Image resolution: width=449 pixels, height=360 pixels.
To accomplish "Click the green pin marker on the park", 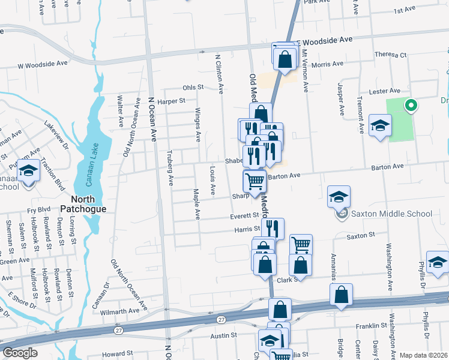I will tap(411, 106).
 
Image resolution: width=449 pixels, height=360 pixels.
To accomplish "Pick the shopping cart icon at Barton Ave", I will tap(255, 181).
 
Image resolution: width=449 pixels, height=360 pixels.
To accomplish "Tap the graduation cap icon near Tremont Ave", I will tap(380, 125).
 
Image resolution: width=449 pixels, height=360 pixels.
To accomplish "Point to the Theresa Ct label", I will tap(390, 55).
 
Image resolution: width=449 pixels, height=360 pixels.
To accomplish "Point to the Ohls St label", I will tap(193, 87).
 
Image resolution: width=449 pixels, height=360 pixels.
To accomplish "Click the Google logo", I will tap(20, 353).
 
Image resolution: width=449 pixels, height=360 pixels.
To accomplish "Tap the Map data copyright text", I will tap(423, 355).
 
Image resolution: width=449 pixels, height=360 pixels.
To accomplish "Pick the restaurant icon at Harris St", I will tap(273, 228).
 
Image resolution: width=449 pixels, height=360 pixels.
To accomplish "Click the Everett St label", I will tap(244, 215).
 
